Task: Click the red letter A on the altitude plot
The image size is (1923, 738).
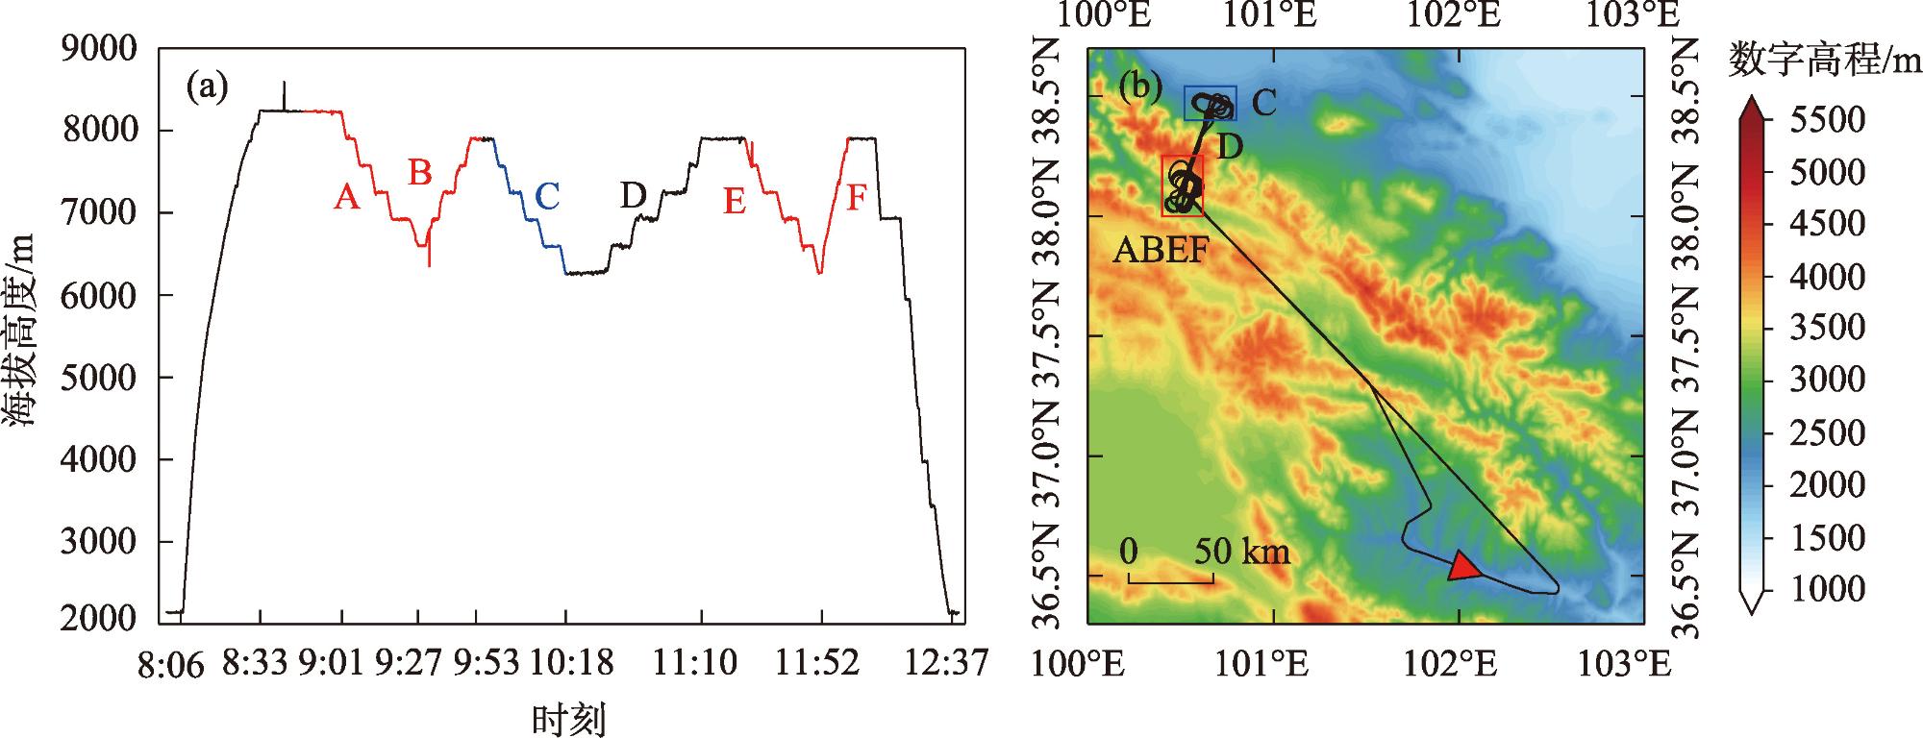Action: pyautogui.click(x=347, y=198)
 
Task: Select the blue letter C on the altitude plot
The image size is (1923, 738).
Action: pyautogui.click(x=546, y=196)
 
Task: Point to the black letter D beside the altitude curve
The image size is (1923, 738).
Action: pyautogui.click(x=633, y=196)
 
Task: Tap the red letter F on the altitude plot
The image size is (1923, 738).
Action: pyautogui.click(x=857, y=198)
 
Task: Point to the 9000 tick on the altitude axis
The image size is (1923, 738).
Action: pyautogui.click(x=99, y=48)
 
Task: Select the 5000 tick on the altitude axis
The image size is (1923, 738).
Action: pyautogui.click(x=99, y=378)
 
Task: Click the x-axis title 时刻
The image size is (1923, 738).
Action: pyautogui.click(x=569, y=719)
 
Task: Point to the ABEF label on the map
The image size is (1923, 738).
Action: pyautogui.click(x=1160, y=251)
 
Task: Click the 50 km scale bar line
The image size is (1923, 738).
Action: pyautogui.click(x=1170, y=580)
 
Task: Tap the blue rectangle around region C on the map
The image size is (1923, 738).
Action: pyautogui.click(x=1210, y=103)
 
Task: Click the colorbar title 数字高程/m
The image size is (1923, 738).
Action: pyautogui.click(x=1824, y=61)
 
